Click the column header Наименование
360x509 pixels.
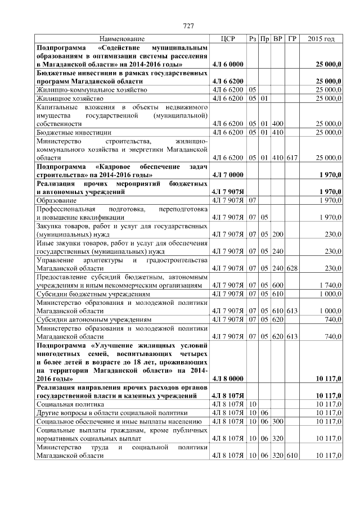[x=122, y=39]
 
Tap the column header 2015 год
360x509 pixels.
[x=322, y=39]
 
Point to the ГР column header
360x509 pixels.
[x=292, y=39]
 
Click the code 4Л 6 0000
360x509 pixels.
[x=228, y=66]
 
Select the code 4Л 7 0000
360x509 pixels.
[x=228, y=175]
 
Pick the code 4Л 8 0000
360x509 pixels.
[x=228, y=378]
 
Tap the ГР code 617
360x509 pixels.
[x=292, y=159]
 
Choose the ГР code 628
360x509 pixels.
[x=292, y=268]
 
